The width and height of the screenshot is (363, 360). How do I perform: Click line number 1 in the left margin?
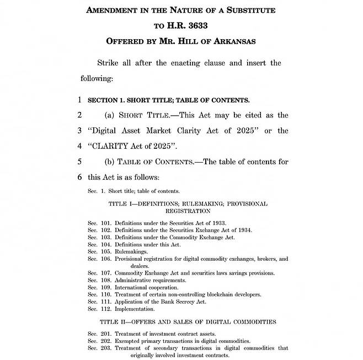pos(79,100)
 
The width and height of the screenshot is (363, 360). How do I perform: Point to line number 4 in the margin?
pos(79,146)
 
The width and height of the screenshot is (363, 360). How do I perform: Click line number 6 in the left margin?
pos(79,177)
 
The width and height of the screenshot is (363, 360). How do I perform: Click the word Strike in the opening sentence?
pos(109,62)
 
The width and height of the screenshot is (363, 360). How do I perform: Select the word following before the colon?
pos(97,78)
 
